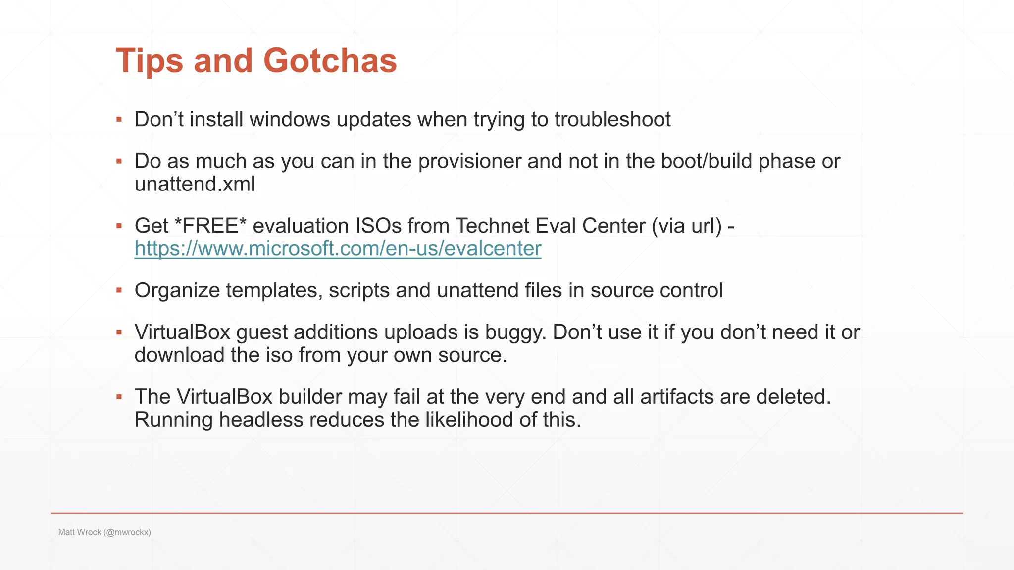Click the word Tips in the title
click(149, 61)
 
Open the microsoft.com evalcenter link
click(338, 248)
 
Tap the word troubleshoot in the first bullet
click(612, 119)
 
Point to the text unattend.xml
click(195, 184)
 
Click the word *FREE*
click(210, 226)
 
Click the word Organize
click(177, 290)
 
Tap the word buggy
click(515, 332)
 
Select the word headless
click(261, 420)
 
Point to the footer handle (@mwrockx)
click(127, 532)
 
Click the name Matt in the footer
click(66, 532)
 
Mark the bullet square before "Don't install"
click(119, 119)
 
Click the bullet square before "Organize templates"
click(119, 290)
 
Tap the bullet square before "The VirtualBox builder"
click(119, 397)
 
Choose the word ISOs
click(378, 226)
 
